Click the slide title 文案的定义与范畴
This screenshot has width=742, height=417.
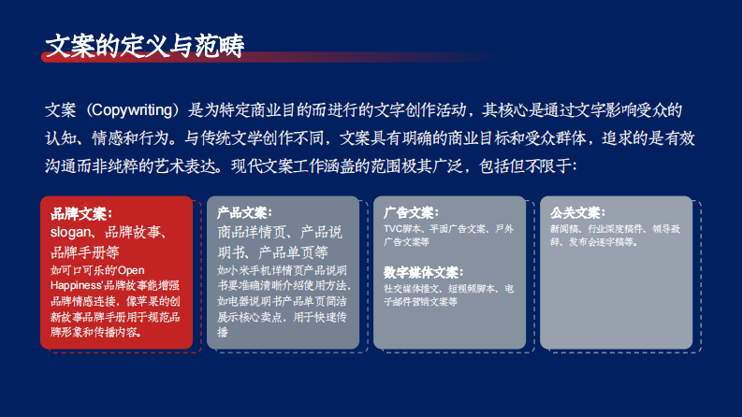145,45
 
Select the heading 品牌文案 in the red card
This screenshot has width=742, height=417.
81,214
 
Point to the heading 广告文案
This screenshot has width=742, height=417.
411,213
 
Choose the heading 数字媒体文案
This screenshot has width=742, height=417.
423,273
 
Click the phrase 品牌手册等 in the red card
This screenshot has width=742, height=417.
85,252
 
